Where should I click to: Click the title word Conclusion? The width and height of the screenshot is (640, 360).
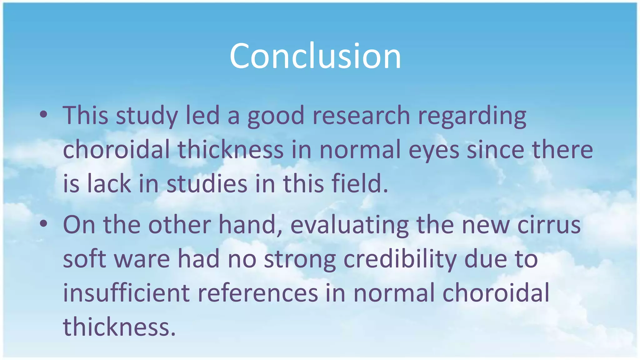pos(315,56)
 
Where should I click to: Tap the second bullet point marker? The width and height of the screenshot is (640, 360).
pos(44,224)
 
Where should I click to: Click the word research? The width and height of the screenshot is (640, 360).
pos(361,115)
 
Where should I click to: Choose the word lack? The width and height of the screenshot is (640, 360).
pos(109,183)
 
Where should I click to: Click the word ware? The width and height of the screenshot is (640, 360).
pos(142,259)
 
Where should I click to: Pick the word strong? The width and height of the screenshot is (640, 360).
pos(300,259)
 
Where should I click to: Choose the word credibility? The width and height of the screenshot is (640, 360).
pos(400,259)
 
